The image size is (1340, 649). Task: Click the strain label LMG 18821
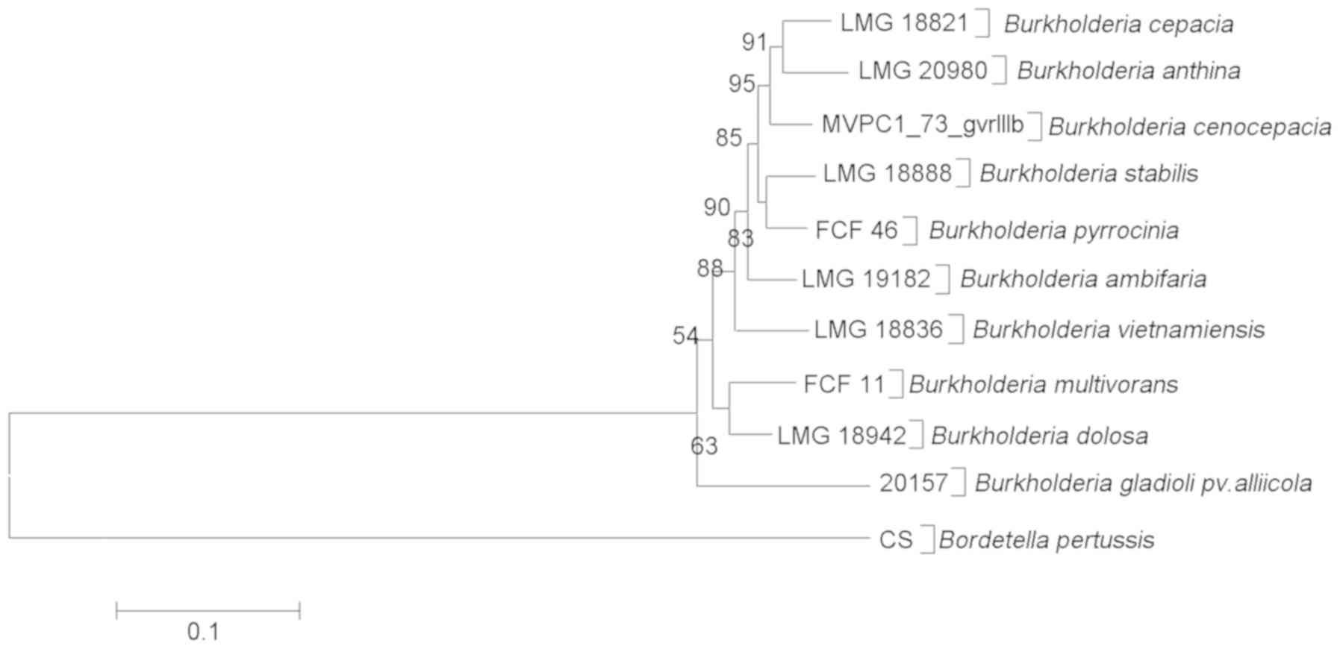[x=904, y=23]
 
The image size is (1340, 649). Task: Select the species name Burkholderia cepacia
[x=1118, y=24]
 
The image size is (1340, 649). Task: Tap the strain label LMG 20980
[x=923, y=71]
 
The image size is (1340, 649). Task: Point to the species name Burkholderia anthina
[x=1129, y=71]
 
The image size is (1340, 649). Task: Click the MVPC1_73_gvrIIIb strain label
[x=923, y=125]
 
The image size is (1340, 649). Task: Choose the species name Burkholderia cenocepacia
[x=1190, y=127]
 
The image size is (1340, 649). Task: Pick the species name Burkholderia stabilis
[x=1088, y=174]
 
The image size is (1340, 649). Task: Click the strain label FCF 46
[x=856, y=230]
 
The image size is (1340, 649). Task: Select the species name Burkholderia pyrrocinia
[x=1053, y=231]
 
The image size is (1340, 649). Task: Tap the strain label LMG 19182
[x=866, y=279]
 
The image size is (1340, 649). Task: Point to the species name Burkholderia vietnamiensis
[x=1118, y=329]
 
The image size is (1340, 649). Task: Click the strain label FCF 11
[x=844, y=385]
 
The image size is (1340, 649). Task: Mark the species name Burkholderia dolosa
[x=1039, y=436]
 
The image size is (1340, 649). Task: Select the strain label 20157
[x=913, y=483]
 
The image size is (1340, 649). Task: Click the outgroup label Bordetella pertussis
[x=1047, y=539]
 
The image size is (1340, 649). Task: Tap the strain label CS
[x=896, y=539]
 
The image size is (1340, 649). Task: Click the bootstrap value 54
[x=685, y=336]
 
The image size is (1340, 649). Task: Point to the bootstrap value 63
[x=704, y=446]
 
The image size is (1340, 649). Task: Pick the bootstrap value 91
[x=754, y=43]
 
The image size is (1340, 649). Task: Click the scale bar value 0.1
[x=203, y=633]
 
